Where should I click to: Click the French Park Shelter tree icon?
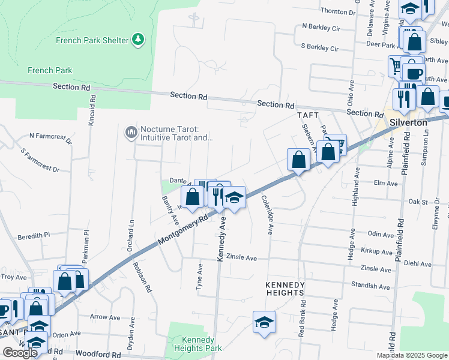139,40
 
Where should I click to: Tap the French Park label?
50,70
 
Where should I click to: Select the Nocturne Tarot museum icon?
130,131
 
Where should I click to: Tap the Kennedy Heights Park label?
197,343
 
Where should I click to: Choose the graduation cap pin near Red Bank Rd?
264,322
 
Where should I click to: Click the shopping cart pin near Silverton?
335,145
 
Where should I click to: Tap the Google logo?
20,353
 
